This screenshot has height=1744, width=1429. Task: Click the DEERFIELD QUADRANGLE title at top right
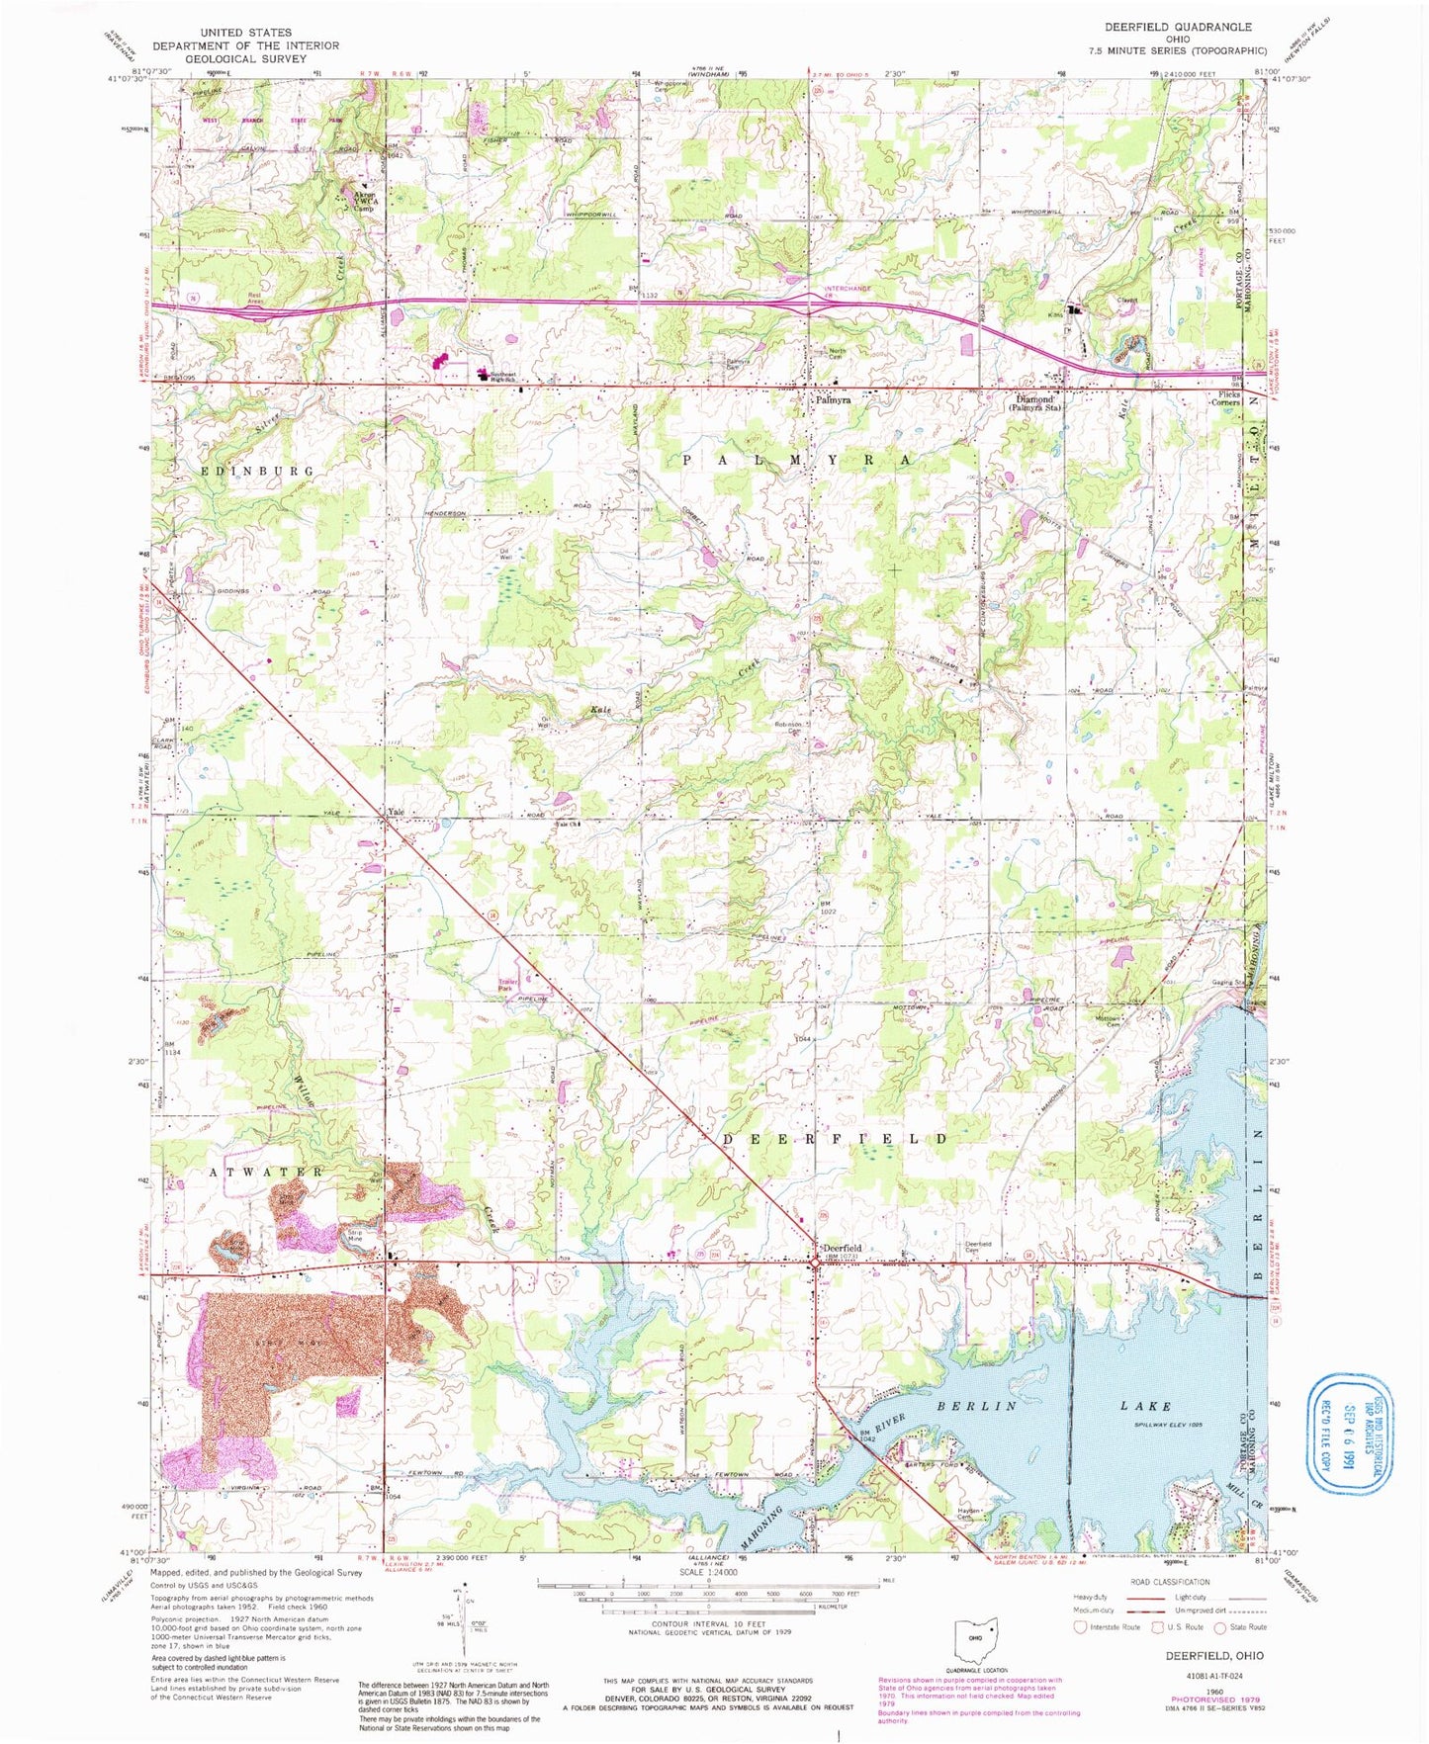click(1178, 27)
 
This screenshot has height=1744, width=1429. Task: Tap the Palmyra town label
click(834, 401)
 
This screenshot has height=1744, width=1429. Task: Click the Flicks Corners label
click(1228, 398)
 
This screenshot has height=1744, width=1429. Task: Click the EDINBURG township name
click(257, 471)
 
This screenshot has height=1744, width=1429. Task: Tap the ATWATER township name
click(266, 1172)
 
